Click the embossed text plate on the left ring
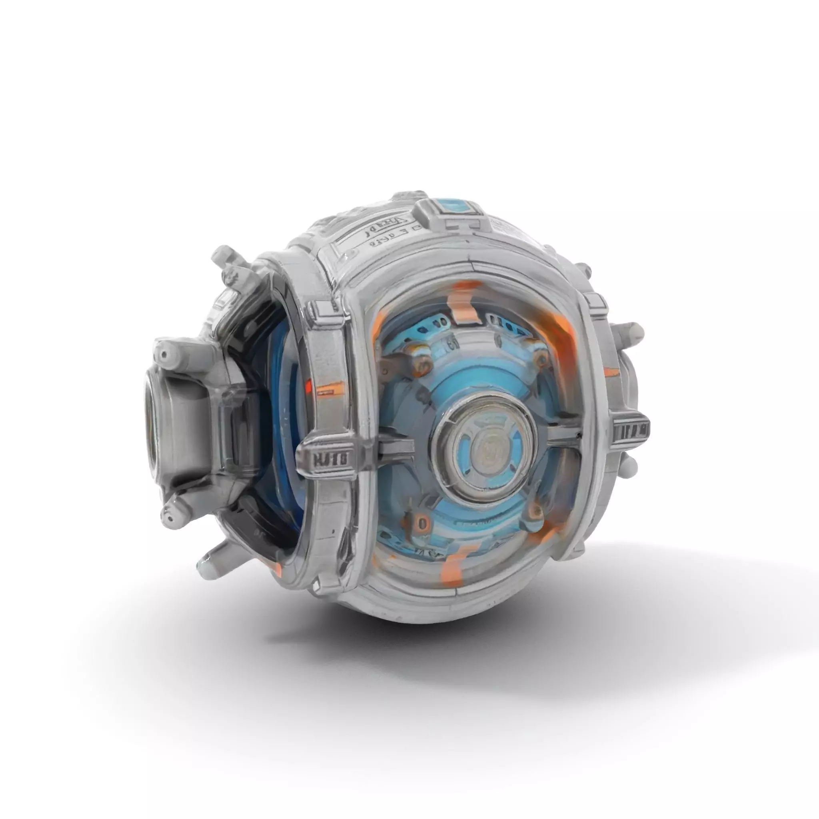(330, 459)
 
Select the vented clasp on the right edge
(631, 431)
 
